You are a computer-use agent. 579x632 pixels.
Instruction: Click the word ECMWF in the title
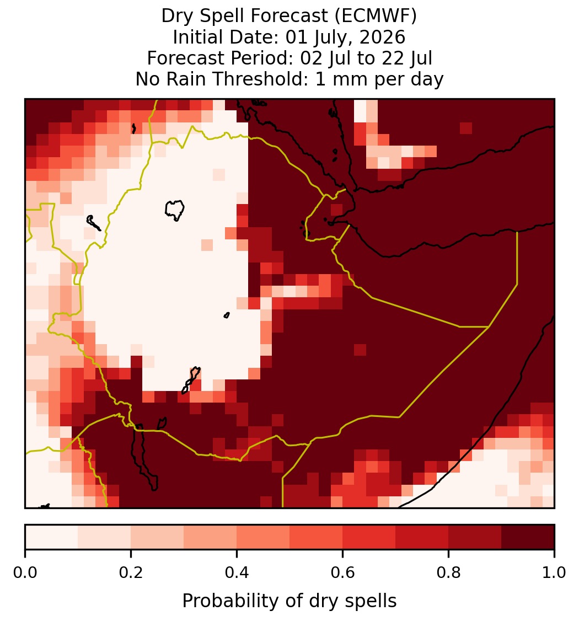[x=376, y=16]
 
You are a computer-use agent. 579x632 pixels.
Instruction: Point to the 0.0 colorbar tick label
[x=25, y=572]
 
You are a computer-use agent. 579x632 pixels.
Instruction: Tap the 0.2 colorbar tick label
[x=131, y=572]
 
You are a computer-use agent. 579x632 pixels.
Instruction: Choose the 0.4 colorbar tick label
[x=237, y=572]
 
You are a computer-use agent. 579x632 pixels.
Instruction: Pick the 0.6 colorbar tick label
[x=343, y=572]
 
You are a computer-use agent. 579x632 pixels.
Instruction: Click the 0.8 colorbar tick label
[x=448, y=572]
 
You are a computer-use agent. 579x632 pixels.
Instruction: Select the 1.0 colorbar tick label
[x=554, y=572]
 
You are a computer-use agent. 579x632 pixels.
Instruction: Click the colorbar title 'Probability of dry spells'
[x=289, y=601]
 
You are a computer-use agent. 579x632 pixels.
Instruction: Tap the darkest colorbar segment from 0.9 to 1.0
[x=528, y=537]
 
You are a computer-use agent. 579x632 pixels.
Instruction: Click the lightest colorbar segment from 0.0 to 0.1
[x=52, y=537]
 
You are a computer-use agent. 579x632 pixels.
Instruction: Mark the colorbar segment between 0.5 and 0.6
[x=317, y=537]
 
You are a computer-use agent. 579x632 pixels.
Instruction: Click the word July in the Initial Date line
[x=334, y=37]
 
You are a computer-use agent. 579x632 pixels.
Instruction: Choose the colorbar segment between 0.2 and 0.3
[x=157, y=537]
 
